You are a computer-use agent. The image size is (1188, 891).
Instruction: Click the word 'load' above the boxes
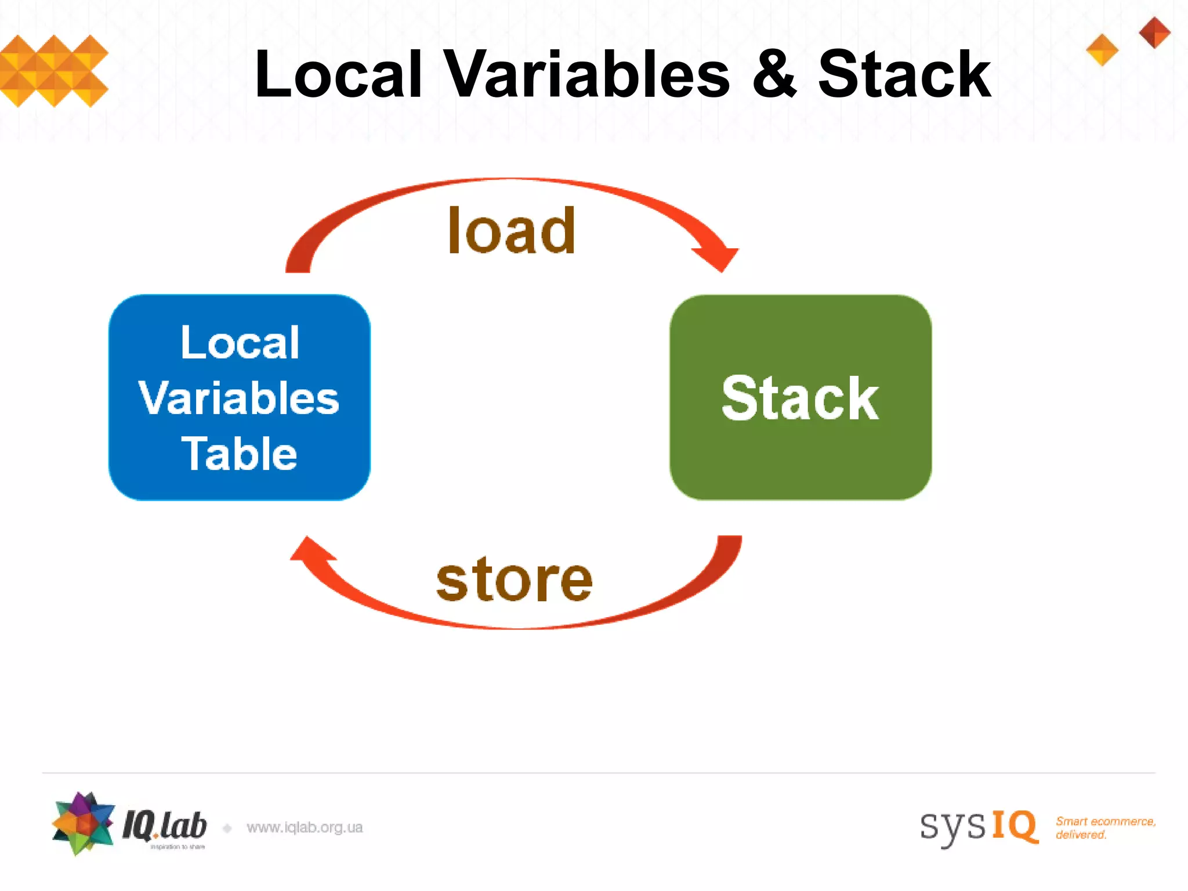(x=512, y=231)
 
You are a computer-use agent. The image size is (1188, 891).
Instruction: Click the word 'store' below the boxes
(x=514, y=579)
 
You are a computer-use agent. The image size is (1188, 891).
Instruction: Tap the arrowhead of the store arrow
(x=310, y=550)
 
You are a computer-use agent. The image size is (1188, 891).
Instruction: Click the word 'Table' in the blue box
(x=239, y=454)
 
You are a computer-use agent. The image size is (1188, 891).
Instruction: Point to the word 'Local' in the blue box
(x=240, y=342)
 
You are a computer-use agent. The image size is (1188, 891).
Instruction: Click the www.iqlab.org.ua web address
(x=305, y=827)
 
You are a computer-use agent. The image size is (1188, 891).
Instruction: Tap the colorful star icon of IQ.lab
(x=83, y=823)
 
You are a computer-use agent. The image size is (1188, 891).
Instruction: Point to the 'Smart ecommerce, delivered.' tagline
(x=1105, y=828)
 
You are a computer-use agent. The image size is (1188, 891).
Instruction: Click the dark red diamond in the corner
(x=1154, y=32)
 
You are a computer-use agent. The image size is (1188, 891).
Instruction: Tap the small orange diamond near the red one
(x=1102, y=50)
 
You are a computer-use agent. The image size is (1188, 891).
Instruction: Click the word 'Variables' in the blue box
(x=239, y=399)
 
